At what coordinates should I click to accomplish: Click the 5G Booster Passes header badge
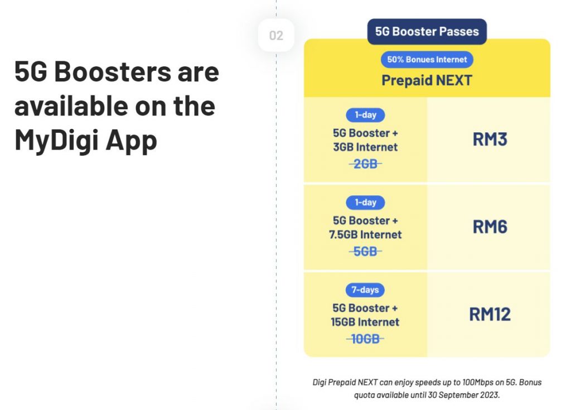click(x=427, y=32)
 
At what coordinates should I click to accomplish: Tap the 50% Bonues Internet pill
click(x=427, y=59)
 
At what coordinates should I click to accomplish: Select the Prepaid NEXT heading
click(x=427, y=80)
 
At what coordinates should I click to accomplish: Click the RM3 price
click(x=490, y=139)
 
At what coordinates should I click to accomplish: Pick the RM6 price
click(x=490, y=226)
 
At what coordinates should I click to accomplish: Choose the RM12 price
click(x=490, y=314)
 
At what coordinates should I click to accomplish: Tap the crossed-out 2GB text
click(x=365, y=164)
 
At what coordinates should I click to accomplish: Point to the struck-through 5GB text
click(x=365, y=252)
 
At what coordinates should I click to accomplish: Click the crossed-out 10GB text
click(x=365, y=339)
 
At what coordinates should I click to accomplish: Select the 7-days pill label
click(x=365, y=290)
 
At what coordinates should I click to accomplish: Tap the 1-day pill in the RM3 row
click(x=365, y=115)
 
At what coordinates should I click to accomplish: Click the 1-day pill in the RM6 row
click(x=365, y=202)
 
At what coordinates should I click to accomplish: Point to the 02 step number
click(x=276, y=35)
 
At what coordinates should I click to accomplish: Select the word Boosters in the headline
click(x=113, y=72)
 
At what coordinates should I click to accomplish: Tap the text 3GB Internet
click(x=365, y=147)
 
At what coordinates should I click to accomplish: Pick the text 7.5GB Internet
click(x=365, y=235)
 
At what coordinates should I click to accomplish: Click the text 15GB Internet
click(x=365, y=322)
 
